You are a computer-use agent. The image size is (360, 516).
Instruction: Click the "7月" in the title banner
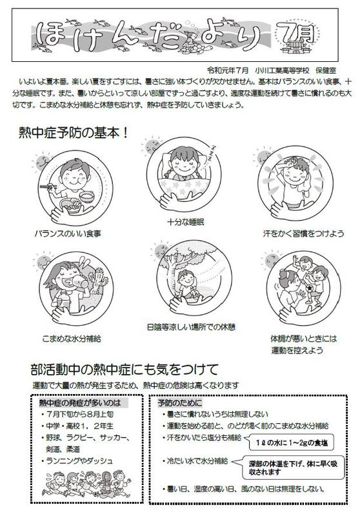295,33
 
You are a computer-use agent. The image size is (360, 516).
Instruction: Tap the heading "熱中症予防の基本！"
74,133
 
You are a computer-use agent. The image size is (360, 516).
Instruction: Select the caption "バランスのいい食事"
68,233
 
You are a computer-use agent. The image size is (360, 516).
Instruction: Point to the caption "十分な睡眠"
186,222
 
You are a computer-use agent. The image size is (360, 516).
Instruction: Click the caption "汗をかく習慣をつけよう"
303,233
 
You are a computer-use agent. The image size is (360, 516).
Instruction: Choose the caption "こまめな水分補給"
72,338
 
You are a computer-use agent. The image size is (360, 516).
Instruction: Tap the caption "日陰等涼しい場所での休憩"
191,327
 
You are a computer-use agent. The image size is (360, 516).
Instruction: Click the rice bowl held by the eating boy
87,196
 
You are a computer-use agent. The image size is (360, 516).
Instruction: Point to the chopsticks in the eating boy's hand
48,187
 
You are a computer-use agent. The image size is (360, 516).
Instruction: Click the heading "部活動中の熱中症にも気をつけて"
125,370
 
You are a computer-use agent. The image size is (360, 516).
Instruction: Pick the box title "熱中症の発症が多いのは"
79,402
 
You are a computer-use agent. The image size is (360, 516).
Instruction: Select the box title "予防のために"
179,402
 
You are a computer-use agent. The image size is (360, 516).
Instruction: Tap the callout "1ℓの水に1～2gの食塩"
292,443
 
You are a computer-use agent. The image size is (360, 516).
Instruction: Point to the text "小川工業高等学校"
282,70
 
